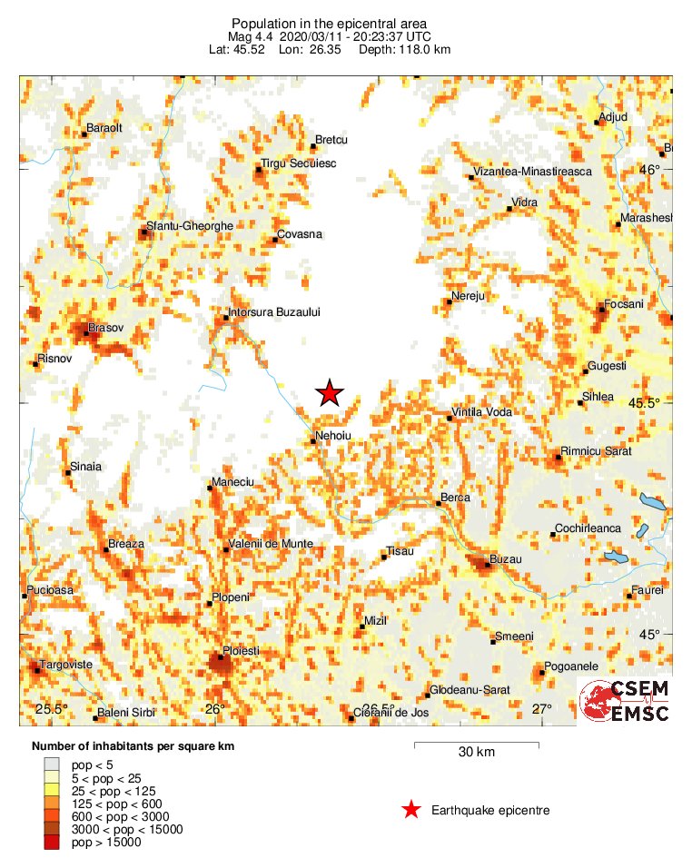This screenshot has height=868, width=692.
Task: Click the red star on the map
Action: click(330, 392)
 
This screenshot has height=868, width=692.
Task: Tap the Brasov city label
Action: click(104, 327)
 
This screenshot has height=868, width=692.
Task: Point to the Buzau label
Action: click(506, 559)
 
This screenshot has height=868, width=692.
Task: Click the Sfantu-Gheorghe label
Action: click(190, 226)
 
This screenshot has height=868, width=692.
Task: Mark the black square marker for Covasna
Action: click(275, 240)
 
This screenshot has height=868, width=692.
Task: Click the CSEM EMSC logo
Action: click(625, 701)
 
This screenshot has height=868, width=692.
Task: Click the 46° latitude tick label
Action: click(650, 169)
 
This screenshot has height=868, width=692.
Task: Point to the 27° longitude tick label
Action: click(542, 709)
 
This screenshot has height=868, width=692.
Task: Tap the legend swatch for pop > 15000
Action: click(53, 843)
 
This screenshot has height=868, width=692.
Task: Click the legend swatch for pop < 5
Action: click(53, 766)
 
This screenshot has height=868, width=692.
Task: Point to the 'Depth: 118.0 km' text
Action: click(405, 48)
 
